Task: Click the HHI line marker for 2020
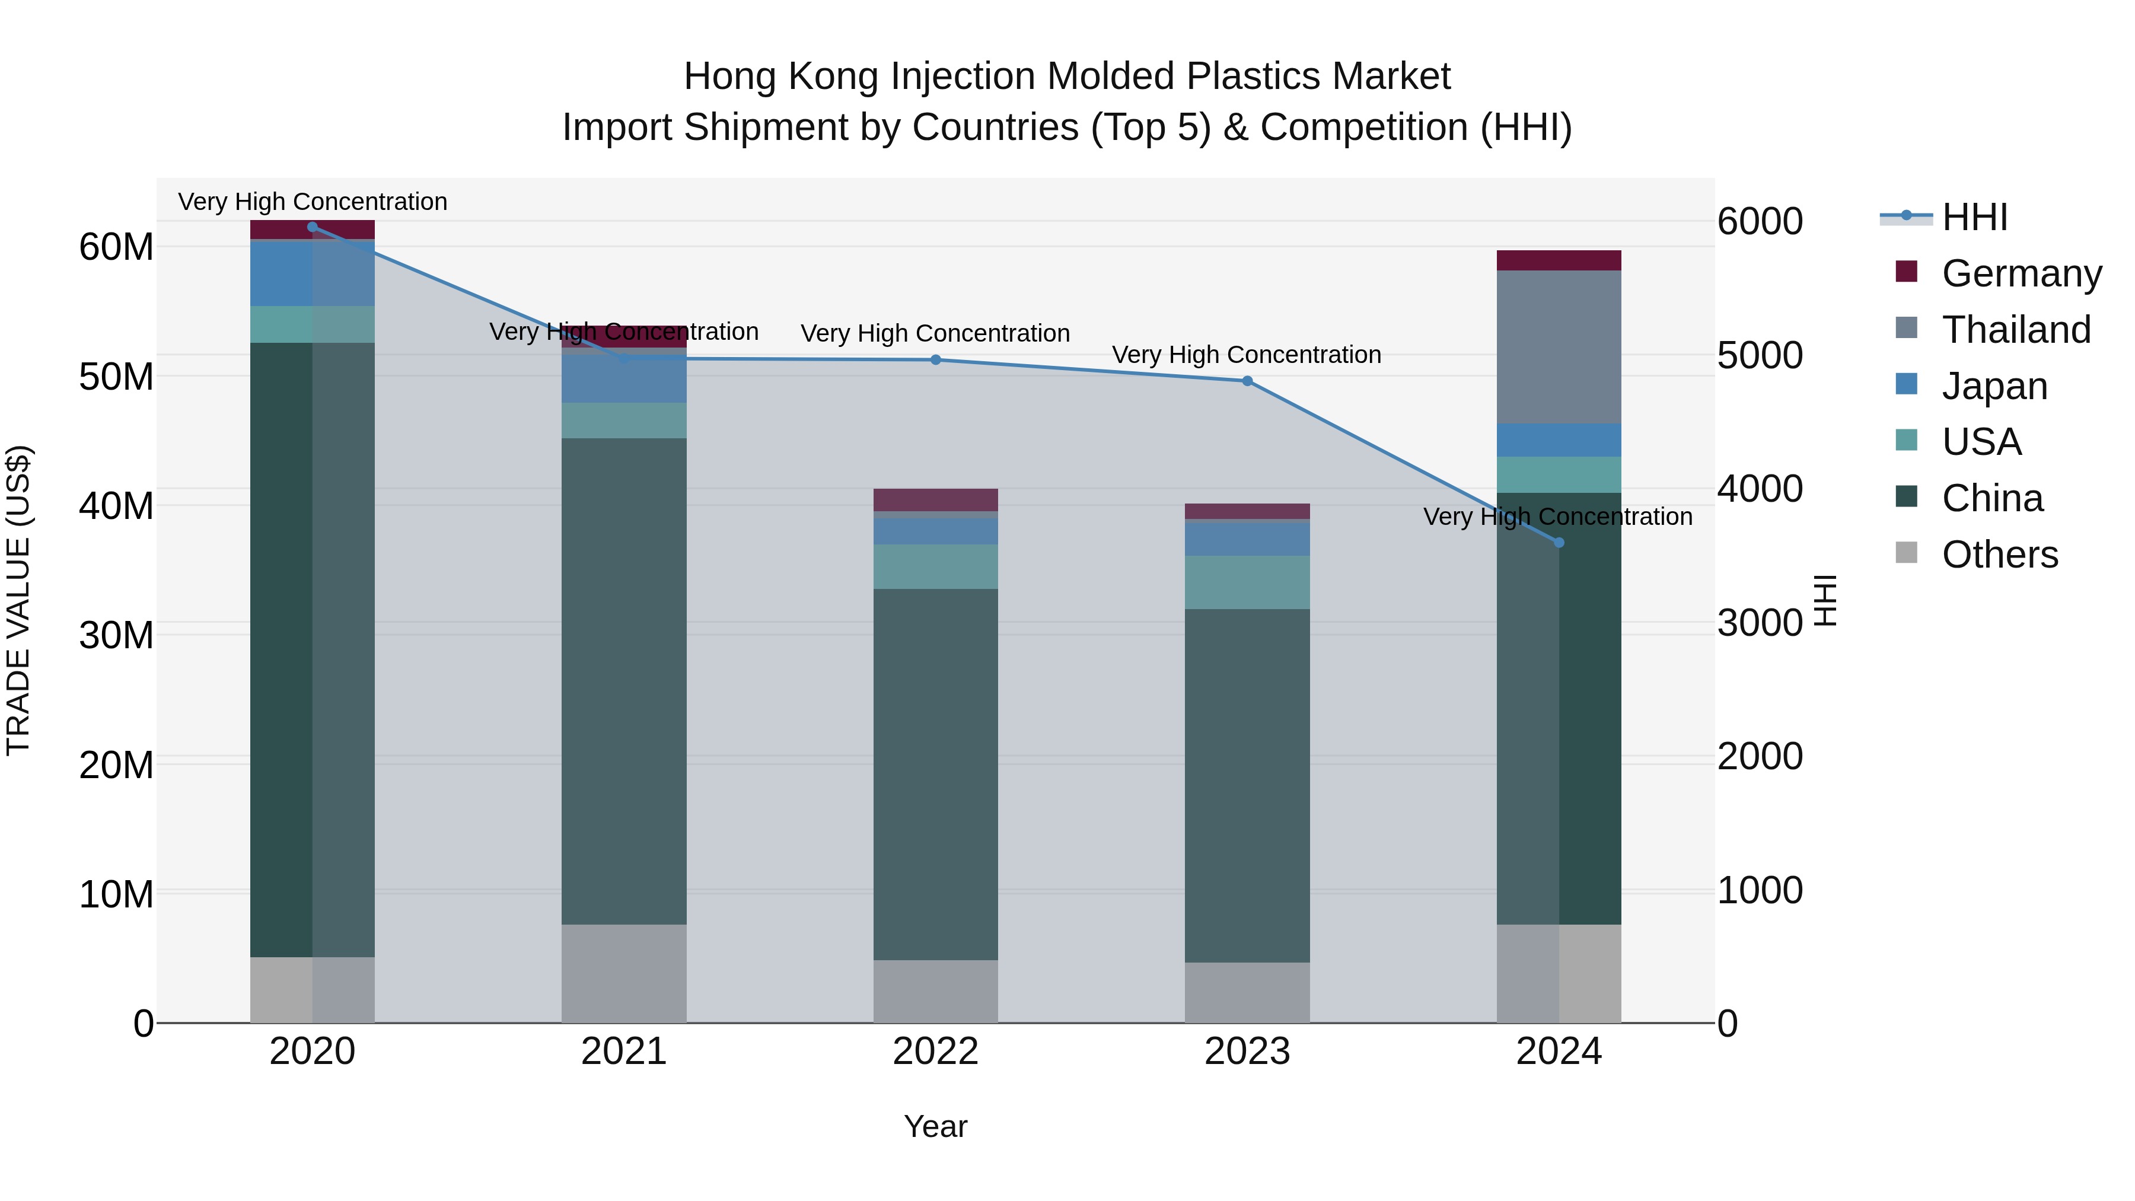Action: pos(313,227)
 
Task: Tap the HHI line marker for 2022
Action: pos(936,360)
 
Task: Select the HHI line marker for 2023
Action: pos(1247,381)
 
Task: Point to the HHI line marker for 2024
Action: pos(1559,543)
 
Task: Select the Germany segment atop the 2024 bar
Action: pos(1559,260)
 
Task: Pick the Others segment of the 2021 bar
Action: pos(624,973)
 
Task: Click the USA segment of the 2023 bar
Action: pos(1247,582)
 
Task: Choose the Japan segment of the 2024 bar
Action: pos(1559,440)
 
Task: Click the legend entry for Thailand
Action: pos(2016,330)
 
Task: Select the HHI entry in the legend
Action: pos(1974,217)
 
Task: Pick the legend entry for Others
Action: pos(1999,555)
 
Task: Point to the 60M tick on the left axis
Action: pos(116,247)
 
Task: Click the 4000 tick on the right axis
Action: pos(1760,489)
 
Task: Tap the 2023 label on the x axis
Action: pos(1247,1052)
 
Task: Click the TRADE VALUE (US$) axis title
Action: pos(18,600)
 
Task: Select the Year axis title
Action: pos(936,1126)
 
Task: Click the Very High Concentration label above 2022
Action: pos(936,333)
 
